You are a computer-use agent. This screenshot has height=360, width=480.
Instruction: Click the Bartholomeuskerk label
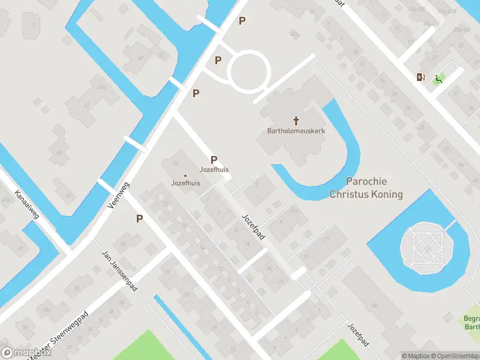[296, 130]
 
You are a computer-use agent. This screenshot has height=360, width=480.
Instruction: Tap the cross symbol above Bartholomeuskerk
[296, 121]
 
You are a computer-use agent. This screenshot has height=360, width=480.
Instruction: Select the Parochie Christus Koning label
[366, 188]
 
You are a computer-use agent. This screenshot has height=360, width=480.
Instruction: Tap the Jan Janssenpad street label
[121, 271]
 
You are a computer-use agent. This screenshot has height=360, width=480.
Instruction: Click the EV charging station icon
[421, 77]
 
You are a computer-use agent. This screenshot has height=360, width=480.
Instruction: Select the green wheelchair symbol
[439, 79]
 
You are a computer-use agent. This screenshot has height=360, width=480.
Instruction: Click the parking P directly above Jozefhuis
[214, 160]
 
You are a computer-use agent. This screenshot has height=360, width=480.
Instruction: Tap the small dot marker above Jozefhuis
[185, 176]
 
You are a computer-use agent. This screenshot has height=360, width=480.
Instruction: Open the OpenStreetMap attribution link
[455, 356]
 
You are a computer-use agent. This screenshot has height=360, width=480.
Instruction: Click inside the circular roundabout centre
[248, 70]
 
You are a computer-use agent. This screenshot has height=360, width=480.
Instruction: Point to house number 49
[141, 58]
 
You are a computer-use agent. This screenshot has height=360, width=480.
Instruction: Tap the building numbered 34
[175, 163]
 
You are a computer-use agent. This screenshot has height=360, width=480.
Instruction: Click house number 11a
[294, 211]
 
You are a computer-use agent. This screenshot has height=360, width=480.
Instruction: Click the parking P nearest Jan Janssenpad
[139, 219]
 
